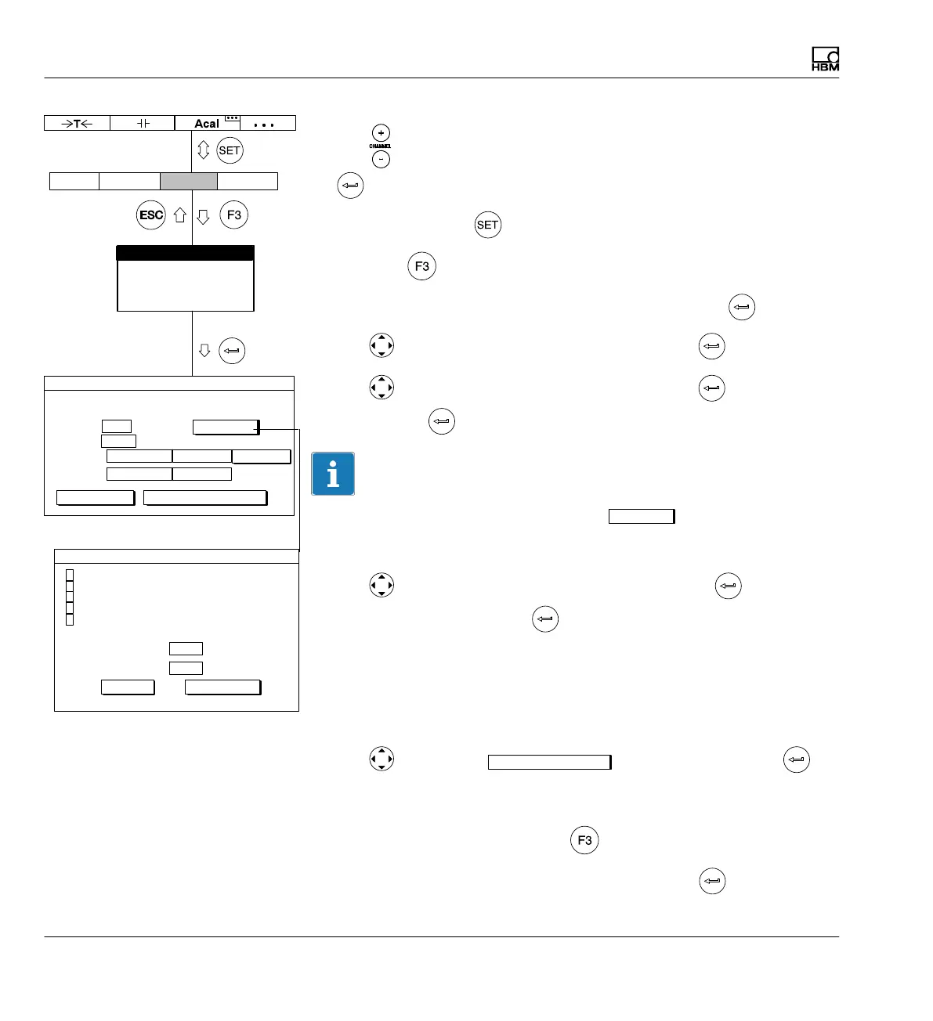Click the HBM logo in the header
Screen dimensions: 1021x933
[825, 60]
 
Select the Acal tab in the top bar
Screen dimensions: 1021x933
[206, 124]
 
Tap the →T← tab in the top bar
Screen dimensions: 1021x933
[77, 123]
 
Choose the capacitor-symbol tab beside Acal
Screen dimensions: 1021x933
[142, 123]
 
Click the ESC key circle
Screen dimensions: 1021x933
[151, 215]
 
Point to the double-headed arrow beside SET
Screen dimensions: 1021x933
[203, 150]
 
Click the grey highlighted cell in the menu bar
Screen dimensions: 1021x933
[189, 181]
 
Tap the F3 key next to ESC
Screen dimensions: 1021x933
[233, 215]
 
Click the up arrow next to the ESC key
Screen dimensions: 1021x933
[180, 215]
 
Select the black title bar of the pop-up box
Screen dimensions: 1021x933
[185, 253]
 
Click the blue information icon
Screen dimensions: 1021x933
[333, 474]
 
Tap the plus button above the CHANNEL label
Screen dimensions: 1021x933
[381, 132]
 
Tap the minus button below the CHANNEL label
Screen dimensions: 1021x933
[381, 159]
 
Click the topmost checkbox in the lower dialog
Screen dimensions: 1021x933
[70, 575]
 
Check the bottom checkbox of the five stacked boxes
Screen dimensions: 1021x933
[70, 619]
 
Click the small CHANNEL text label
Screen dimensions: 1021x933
[381, 146]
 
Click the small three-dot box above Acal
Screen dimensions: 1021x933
[233, 118]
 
